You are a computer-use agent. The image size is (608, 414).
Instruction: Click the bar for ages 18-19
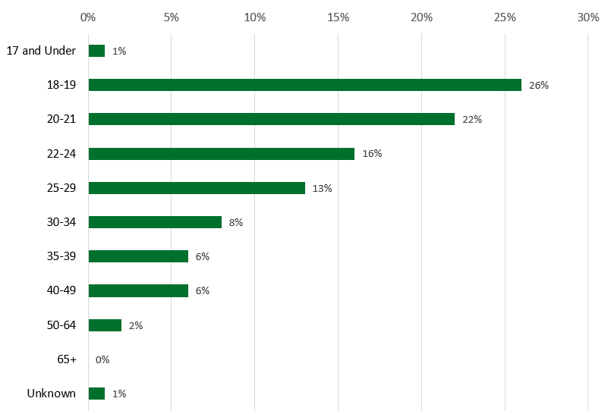(x=304, y=85)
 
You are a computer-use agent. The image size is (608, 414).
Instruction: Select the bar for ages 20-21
(x=271, y=119)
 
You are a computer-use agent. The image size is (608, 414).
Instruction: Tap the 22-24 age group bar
(x=221, y=154)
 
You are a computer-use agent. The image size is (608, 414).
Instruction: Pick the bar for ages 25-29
(x=197, y=188)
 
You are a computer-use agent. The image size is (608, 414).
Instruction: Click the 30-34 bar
(x=155, y=222)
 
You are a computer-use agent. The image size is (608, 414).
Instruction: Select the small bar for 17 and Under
(x=96, y=51)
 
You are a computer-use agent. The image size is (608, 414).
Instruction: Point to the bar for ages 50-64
(x=105, y=325)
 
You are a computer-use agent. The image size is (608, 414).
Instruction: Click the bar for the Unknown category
(x=96, y=394)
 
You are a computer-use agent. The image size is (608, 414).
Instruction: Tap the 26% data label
(x=539, y=86)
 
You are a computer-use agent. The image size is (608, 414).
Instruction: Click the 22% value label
(x=472, y=120)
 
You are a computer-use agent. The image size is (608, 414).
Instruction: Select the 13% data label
(x=322, y=189)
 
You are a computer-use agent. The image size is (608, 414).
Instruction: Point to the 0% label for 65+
(x=102, y=360)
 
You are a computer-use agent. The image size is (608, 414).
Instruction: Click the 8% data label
(x=235, y=223)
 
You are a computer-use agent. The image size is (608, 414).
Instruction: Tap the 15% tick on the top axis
(x=338, y=17)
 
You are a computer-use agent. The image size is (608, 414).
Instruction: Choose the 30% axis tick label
(x=588, y=17)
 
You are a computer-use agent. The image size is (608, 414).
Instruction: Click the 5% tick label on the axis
(x=171, y=17)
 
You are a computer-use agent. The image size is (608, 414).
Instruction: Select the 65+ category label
(x=67, y=359)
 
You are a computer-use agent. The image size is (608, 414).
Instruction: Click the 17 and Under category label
(x=41, y=51)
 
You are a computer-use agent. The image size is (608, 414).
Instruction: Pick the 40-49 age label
(x=61, y=290)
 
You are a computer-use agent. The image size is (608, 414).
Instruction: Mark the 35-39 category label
(x=61, y=256)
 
